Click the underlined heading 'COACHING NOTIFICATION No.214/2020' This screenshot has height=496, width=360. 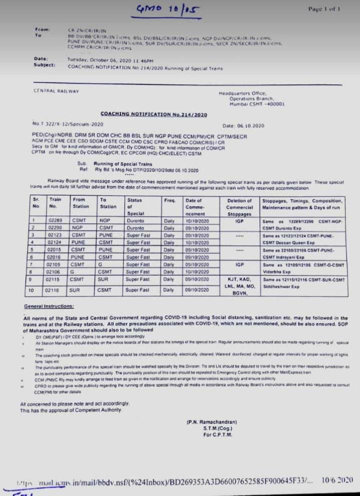153,114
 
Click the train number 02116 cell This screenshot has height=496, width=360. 52,290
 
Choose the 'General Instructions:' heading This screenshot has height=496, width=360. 49,306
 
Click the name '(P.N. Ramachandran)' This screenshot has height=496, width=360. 208,422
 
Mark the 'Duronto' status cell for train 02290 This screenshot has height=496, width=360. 135,228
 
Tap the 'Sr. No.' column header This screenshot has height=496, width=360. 35,203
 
